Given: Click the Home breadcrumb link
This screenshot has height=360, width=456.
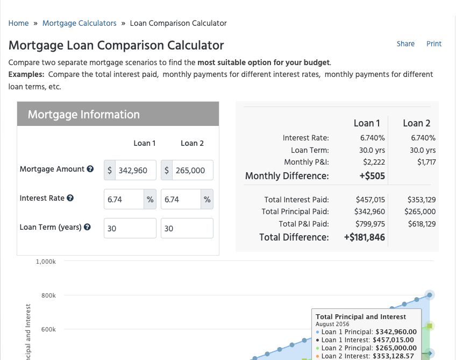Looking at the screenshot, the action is pos(18,23).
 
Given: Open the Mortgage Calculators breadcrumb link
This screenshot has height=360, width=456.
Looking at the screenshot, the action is pos(80,23).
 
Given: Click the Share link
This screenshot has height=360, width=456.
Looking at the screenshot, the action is pos(405,44).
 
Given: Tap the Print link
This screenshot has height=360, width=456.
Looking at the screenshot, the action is pos(434,44).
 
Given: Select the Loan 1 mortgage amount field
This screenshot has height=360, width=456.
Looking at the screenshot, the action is pos(136,170).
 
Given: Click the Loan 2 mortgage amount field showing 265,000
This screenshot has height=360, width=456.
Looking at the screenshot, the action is pos(193,170).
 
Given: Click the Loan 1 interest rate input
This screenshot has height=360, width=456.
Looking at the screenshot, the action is pos(124,199).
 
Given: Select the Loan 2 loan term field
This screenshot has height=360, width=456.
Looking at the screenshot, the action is pos(187,228).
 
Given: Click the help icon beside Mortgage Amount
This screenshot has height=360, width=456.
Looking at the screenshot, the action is pos(90,169).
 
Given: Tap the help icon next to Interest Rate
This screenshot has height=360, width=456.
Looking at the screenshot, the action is pos(70,198).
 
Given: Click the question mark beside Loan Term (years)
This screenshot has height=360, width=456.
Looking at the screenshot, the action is pos(87,227).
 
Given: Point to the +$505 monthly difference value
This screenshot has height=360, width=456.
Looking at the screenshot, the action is pos(372,176).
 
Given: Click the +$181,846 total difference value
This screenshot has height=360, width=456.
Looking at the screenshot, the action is pos(365,237).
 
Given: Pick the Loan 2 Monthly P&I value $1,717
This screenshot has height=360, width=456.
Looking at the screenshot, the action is pos(426,162).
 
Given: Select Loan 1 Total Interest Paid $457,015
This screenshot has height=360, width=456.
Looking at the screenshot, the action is pos(370,200).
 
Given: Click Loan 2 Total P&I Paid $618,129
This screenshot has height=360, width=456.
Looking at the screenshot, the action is pos(422,224).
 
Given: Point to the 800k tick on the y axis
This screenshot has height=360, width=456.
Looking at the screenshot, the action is pos(48,295).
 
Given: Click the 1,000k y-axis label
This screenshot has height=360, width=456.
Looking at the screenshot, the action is pos(46,262).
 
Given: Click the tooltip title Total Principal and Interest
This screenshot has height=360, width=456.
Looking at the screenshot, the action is pos(361,316).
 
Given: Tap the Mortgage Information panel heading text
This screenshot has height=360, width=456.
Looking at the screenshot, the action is pos(84,115).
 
